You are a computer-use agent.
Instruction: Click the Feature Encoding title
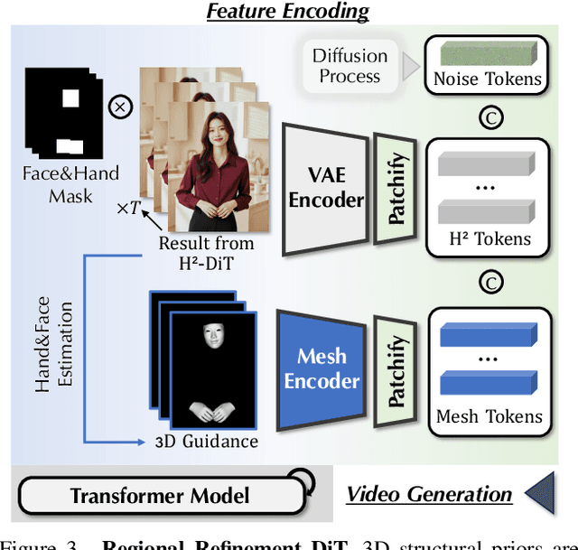(287, 12)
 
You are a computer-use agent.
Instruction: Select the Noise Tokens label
(488, 79)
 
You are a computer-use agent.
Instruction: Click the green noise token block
(488, 51)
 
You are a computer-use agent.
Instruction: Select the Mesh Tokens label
(489, 416)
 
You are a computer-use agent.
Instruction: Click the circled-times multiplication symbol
(120, 108)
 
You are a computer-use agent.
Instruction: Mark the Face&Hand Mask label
(70, 184)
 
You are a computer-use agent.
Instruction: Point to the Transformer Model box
(160, 494)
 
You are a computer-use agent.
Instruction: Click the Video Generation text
(429, 494)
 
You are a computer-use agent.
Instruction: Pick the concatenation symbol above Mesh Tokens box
(489, 284)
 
